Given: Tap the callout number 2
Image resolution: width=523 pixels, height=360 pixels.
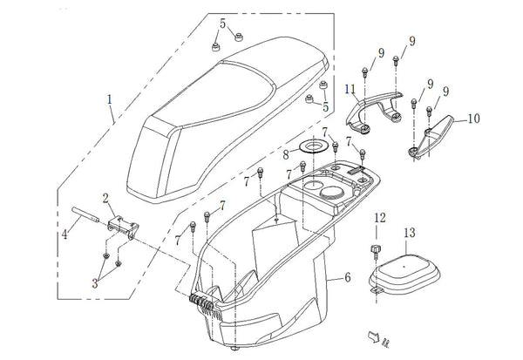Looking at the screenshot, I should (x=105, y=199).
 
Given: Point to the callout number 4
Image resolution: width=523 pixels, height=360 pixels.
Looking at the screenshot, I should (x=63, y=233).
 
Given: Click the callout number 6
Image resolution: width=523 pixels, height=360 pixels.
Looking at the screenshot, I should (x=348, y=278).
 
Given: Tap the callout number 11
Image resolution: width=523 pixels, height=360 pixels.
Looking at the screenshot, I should (x=349, y=89).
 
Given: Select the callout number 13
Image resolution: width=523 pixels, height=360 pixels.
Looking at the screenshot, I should (x=409, y=233).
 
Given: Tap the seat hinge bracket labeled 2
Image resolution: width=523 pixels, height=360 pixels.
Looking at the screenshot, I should (x=122, y=223).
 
